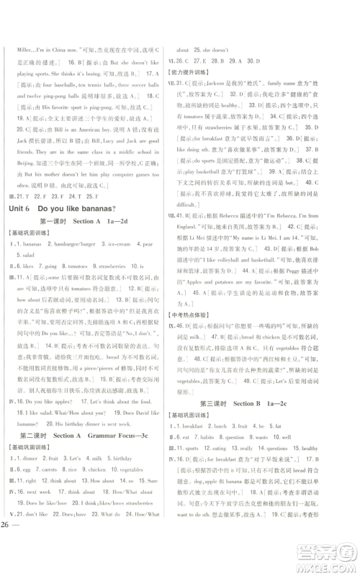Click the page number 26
pos(12,562)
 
